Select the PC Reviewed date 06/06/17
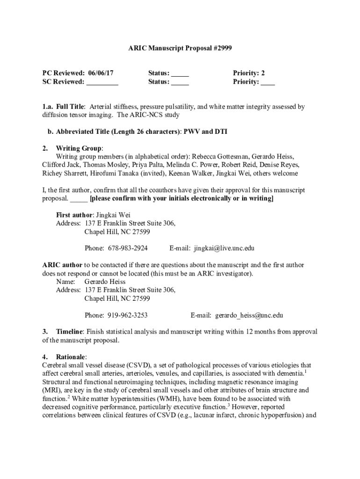pyautogui.click(x=100, y=73)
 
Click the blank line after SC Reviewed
pyautogui.click(x=102, y=82)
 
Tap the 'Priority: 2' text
pyautogui.click(x=249, y=73)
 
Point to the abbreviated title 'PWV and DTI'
pyautogui.click(x=205, y=132)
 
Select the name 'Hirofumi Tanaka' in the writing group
pyautogui.click(x=119, y=173)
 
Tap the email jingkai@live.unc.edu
pyautogui.click(x=224, y=248)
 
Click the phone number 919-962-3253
pyautogui.click(x=128, y=315)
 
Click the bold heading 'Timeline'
pyautogui.click(x=70, y=332)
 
